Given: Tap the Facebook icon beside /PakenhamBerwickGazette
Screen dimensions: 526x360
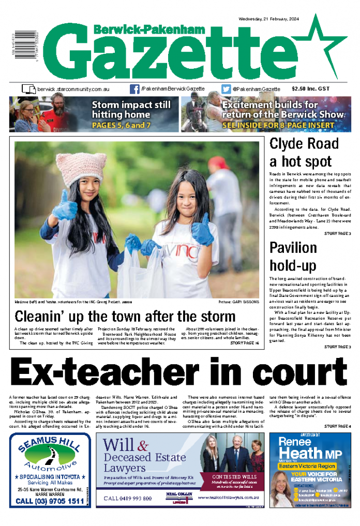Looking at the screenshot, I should [x=134, y=89].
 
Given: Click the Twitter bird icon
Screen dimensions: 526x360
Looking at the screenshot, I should [x=226, y=89].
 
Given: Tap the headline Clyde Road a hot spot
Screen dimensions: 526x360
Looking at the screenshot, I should [x=304, y=152].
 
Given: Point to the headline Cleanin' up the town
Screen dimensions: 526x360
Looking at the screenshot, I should [x=125, y=316].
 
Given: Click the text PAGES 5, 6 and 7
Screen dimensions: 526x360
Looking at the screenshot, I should [x=122, y=126].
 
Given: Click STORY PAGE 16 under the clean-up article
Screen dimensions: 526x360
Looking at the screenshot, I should [x=245, y=343].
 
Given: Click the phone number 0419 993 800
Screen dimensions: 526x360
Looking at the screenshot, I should [x=128, y=498].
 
